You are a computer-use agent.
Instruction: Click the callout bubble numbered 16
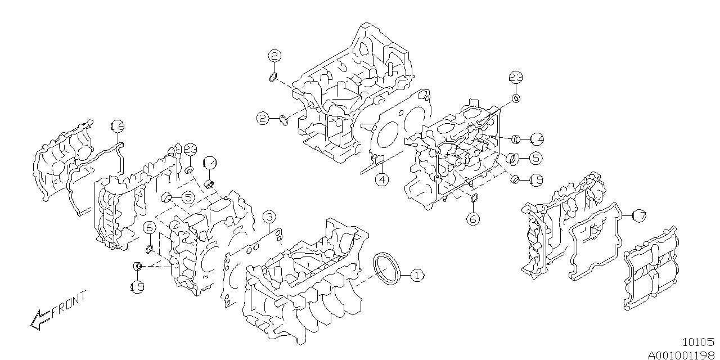117,127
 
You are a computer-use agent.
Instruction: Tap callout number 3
269,217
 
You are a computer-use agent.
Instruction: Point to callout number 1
416,276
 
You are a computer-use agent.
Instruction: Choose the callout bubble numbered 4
382,179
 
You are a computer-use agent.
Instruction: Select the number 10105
697,341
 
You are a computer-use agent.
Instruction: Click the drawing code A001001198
681,354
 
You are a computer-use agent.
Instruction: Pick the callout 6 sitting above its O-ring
149,227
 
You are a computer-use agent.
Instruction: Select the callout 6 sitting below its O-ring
473,218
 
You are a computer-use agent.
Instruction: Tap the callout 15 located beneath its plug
137,286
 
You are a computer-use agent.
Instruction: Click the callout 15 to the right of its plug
535,180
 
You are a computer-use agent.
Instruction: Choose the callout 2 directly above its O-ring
274,56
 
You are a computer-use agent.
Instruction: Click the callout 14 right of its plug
535,138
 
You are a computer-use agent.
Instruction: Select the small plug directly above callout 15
137,265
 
